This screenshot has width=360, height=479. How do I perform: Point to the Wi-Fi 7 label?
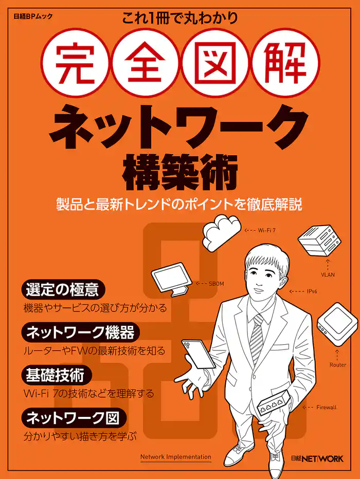pos(267,230)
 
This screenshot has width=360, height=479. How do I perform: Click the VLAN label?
pos(328,274)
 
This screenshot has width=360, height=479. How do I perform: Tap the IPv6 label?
pos(312,291)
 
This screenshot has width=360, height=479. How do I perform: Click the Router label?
pos(337,365)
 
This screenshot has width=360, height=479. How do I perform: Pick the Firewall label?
pos(326,407)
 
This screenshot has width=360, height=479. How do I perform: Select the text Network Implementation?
pos(175,456)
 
